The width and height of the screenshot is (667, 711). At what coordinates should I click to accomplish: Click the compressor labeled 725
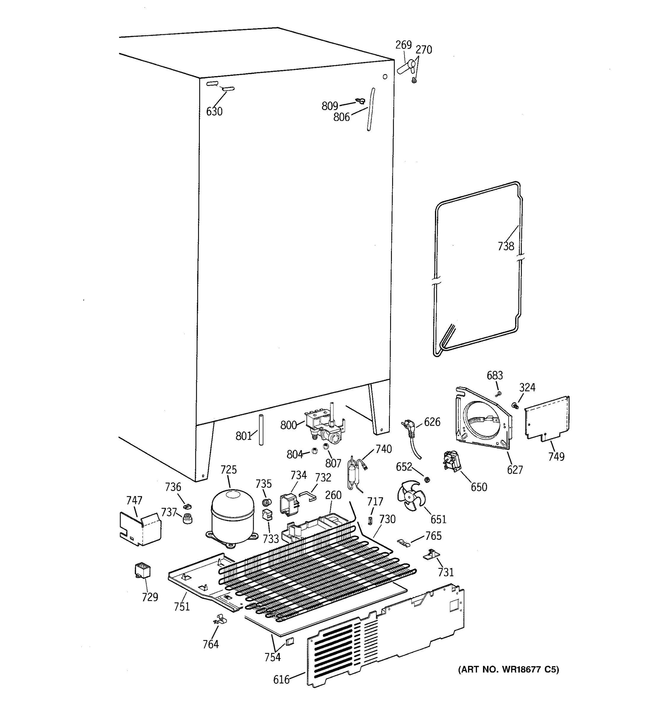(x=233, y=516)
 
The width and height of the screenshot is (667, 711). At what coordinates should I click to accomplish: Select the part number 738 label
(x=506, y=246)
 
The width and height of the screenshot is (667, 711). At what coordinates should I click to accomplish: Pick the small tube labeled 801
(x=261, y=429)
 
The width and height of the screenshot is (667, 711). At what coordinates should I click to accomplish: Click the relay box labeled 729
(x=142, y=570)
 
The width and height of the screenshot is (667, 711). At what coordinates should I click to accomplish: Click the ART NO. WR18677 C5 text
(x=508, y=669)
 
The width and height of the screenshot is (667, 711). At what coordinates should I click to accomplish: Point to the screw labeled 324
(x=515, y=405)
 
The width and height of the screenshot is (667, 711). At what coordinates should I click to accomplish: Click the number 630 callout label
(x=214, y=112)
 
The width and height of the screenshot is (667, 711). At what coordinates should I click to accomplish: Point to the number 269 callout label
(x=403, y=45)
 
